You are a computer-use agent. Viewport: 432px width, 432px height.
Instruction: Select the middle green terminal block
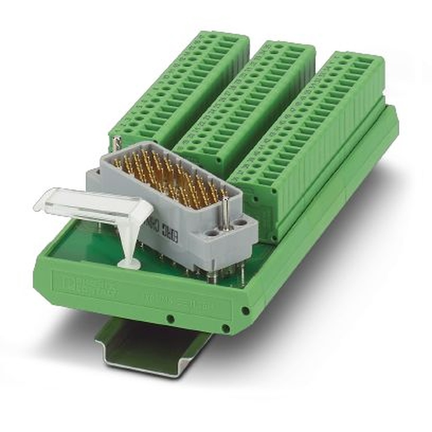point(246,104)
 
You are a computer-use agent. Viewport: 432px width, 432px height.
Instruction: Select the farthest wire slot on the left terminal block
point(235,38)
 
